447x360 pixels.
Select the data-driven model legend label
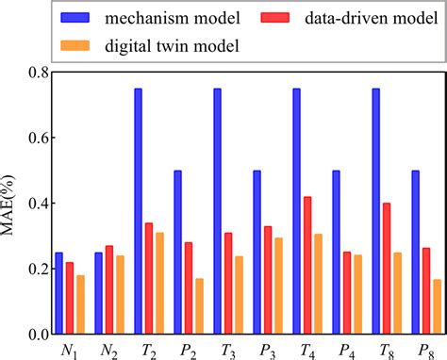(376, 17)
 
